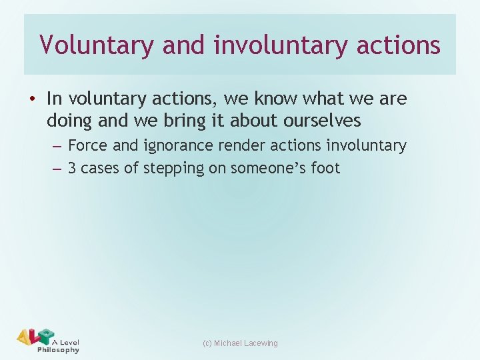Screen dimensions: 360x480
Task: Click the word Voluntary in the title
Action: (89, 45)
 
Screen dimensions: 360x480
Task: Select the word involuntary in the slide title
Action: (279, 45)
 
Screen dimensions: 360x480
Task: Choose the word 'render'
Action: (239, 145)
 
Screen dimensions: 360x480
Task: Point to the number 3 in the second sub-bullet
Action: (72, 168)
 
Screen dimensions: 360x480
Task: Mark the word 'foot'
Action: (325, 168)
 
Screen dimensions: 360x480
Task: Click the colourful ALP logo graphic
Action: (35, 337)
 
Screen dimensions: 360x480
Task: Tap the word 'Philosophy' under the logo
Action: (59, 350)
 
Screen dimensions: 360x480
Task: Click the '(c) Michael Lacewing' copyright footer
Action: (240, 343)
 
